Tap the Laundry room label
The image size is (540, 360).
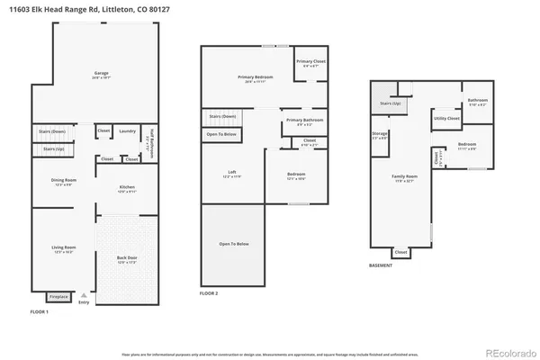[127, 131]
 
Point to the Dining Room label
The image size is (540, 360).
[63, 181]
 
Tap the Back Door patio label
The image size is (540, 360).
[127, 261]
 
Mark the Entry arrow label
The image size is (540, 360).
[85, 302]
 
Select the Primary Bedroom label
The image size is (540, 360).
[256, 78]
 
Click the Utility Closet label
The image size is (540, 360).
[446, 118]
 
